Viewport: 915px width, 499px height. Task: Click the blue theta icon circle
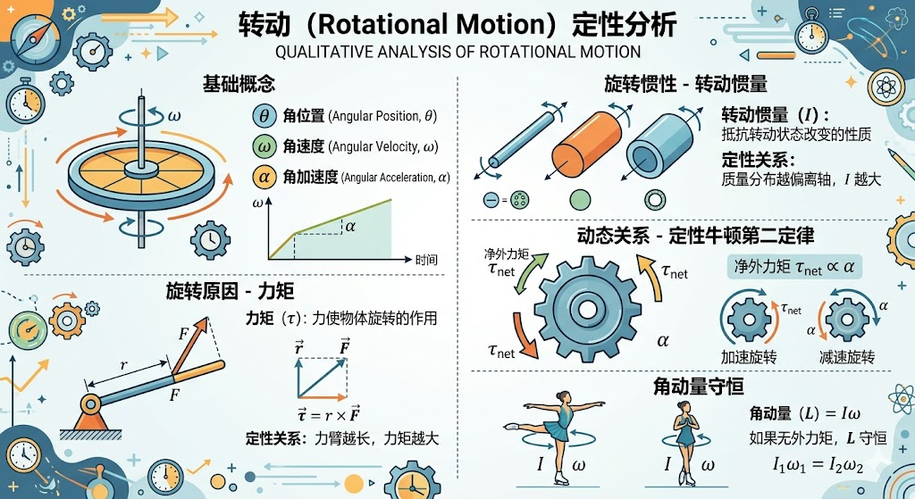click(264, 115)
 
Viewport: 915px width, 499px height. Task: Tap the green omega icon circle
click(264, 146)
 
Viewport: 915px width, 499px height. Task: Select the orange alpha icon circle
click(264, 177)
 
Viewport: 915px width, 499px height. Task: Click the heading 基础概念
click(239, 84)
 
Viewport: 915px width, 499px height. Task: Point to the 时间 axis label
click(426, 260)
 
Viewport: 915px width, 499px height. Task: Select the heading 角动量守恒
click(698, 386)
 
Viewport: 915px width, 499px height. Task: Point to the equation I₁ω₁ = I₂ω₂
click(818, 464)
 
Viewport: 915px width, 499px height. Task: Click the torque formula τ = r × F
click(328, 414)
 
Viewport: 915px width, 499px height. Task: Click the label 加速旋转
click(750, 356)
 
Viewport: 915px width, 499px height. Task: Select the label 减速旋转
click(847, 356)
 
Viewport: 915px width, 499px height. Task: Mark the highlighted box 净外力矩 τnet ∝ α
click(793, 267)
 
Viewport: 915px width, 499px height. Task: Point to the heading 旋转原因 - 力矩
click(230, 290)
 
